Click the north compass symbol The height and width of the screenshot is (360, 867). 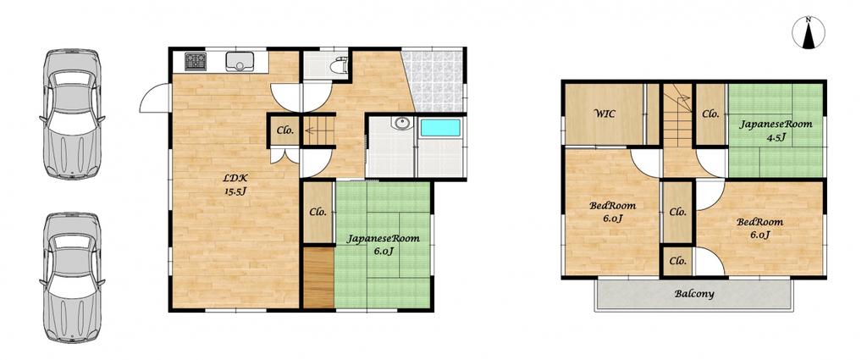(809, 33)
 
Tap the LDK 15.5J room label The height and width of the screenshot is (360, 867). (235, 185)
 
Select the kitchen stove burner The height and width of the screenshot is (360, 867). (196, 61)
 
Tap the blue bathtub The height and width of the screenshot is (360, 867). (440, 128)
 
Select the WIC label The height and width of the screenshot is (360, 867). (605, 114)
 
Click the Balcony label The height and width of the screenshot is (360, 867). (694, 294)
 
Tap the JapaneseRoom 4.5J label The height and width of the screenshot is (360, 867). (776, 130)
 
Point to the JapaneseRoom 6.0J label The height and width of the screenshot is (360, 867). (384, 245)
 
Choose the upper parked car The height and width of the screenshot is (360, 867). (73, 114)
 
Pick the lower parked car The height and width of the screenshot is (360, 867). (73, 278)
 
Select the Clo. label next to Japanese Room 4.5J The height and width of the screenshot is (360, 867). (710, 114)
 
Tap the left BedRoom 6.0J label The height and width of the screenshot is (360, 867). (613, 212)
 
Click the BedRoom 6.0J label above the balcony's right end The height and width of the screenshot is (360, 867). (759, 229)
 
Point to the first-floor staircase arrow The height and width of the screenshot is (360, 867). (312, 131)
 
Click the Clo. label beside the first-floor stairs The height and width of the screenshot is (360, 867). (285, 131)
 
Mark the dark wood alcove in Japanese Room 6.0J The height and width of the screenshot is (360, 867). (318, 277)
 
